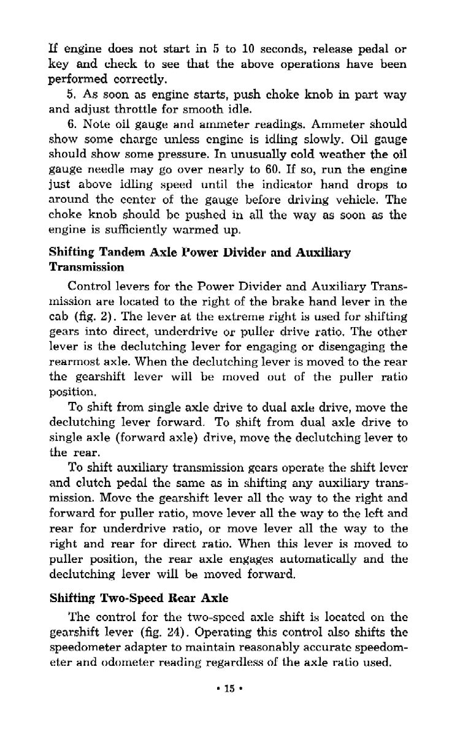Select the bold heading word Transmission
tap(86, 266)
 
